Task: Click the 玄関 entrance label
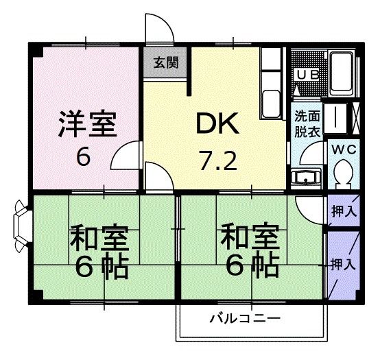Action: click(x=165, y=63)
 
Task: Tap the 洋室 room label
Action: click(x=86, y=125)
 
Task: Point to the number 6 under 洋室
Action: click(x=83, y=158)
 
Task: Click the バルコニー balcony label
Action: click(x=245, y=320)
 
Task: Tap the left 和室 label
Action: click(x=97, y=240)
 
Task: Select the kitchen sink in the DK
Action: click(x=271, y=103)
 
